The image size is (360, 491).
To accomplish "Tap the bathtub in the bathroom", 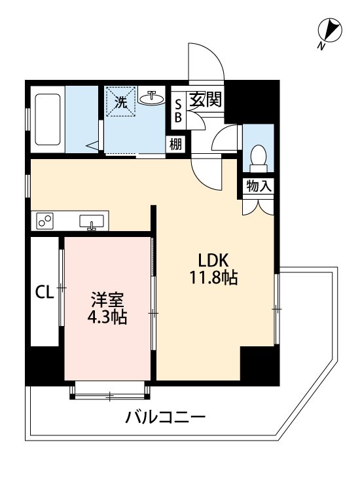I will coord(48,119).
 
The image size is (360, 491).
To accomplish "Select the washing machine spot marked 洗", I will coord(122,101).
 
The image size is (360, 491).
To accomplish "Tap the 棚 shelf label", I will coord(176,145).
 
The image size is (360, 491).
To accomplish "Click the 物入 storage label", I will coord(259,186).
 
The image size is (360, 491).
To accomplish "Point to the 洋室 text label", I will coord(107,300).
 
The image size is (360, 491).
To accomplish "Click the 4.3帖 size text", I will coord(107,318).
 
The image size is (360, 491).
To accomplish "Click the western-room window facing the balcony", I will coord(109,391).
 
